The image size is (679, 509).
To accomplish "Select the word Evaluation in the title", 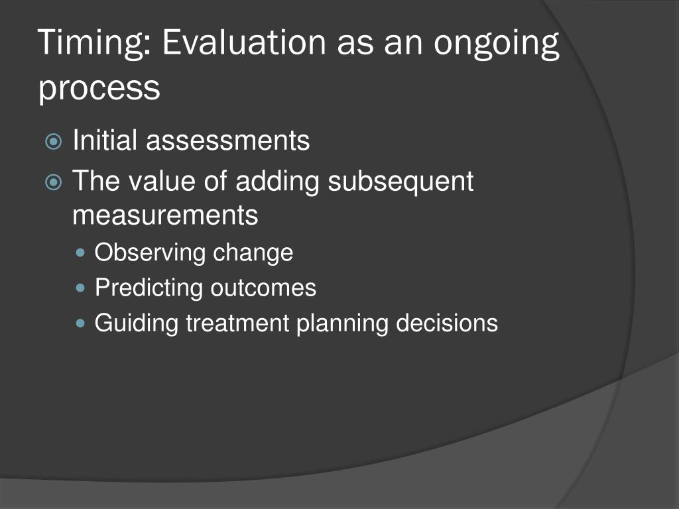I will [x=243, y=44].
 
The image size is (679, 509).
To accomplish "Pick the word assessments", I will [x=227, y=141].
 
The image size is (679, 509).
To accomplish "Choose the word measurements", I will [x=165, y=215].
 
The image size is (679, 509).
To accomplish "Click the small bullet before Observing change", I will [x=82, y=253].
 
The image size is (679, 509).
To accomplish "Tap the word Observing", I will [x=150, y=253].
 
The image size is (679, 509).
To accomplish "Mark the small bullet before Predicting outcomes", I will [x=82, y=288].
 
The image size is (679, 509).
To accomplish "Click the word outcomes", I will [x=263, y=288].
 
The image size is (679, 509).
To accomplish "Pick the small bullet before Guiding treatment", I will [x=82, y=323].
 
